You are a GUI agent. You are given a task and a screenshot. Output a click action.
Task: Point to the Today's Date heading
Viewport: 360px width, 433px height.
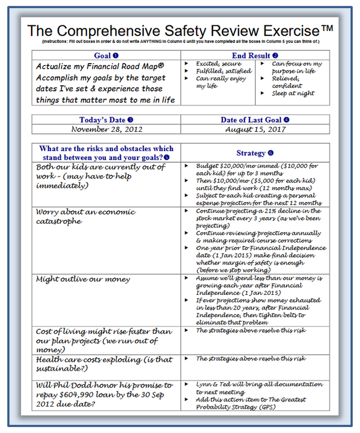click(x=106, y=120)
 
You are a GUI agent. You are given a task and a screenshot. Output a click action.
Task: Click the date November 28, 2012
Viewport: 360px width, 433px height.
click(x=106, y=130)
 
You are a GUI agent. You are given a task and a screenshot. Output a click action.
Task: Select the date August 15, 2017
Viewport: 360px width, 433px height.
click(x=255, y=130)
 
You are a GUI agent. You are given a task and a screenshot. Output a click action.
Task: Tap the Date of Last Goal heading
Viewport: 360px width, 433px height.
click(x=255, y=120)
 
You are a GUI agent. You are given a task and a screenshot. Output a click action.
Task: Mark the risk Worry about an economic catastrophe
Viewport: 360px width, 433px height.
click(x=86, y=216)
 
